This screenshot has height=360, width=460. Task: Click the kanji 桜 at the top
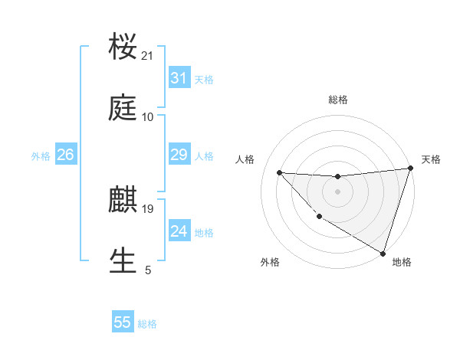123,47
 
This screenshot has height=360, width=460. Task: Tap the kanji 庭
123,109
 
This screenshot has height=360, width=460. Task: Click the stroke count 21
148,56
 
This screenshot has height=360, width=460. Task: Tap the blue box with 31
179,78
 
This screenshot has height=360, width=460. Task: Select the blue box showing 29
179,155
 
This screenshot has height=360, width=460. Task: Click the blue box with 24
179,231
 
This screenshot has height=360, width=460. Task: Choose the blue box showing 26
65,155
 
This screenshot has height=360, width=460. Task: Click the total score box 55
123,322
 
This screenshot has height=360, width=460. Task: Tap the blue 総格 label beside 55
147,324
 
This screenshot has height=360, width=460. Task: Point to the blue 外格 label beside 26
41,156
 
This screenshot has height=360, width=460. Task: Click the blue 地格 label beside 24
204,233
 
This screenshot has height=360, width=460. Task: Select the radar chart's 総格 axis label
337,100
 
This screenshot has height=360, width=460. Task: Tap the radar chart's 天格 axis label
431,159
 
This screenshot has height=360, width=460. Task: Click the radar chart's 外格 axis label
270,263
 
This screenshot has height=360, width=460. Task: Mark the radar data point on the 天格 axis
410,169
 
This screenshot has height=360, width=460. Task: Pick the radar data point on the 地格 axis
383,253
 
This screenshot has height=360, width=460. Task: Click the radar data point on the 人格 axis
280,172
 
